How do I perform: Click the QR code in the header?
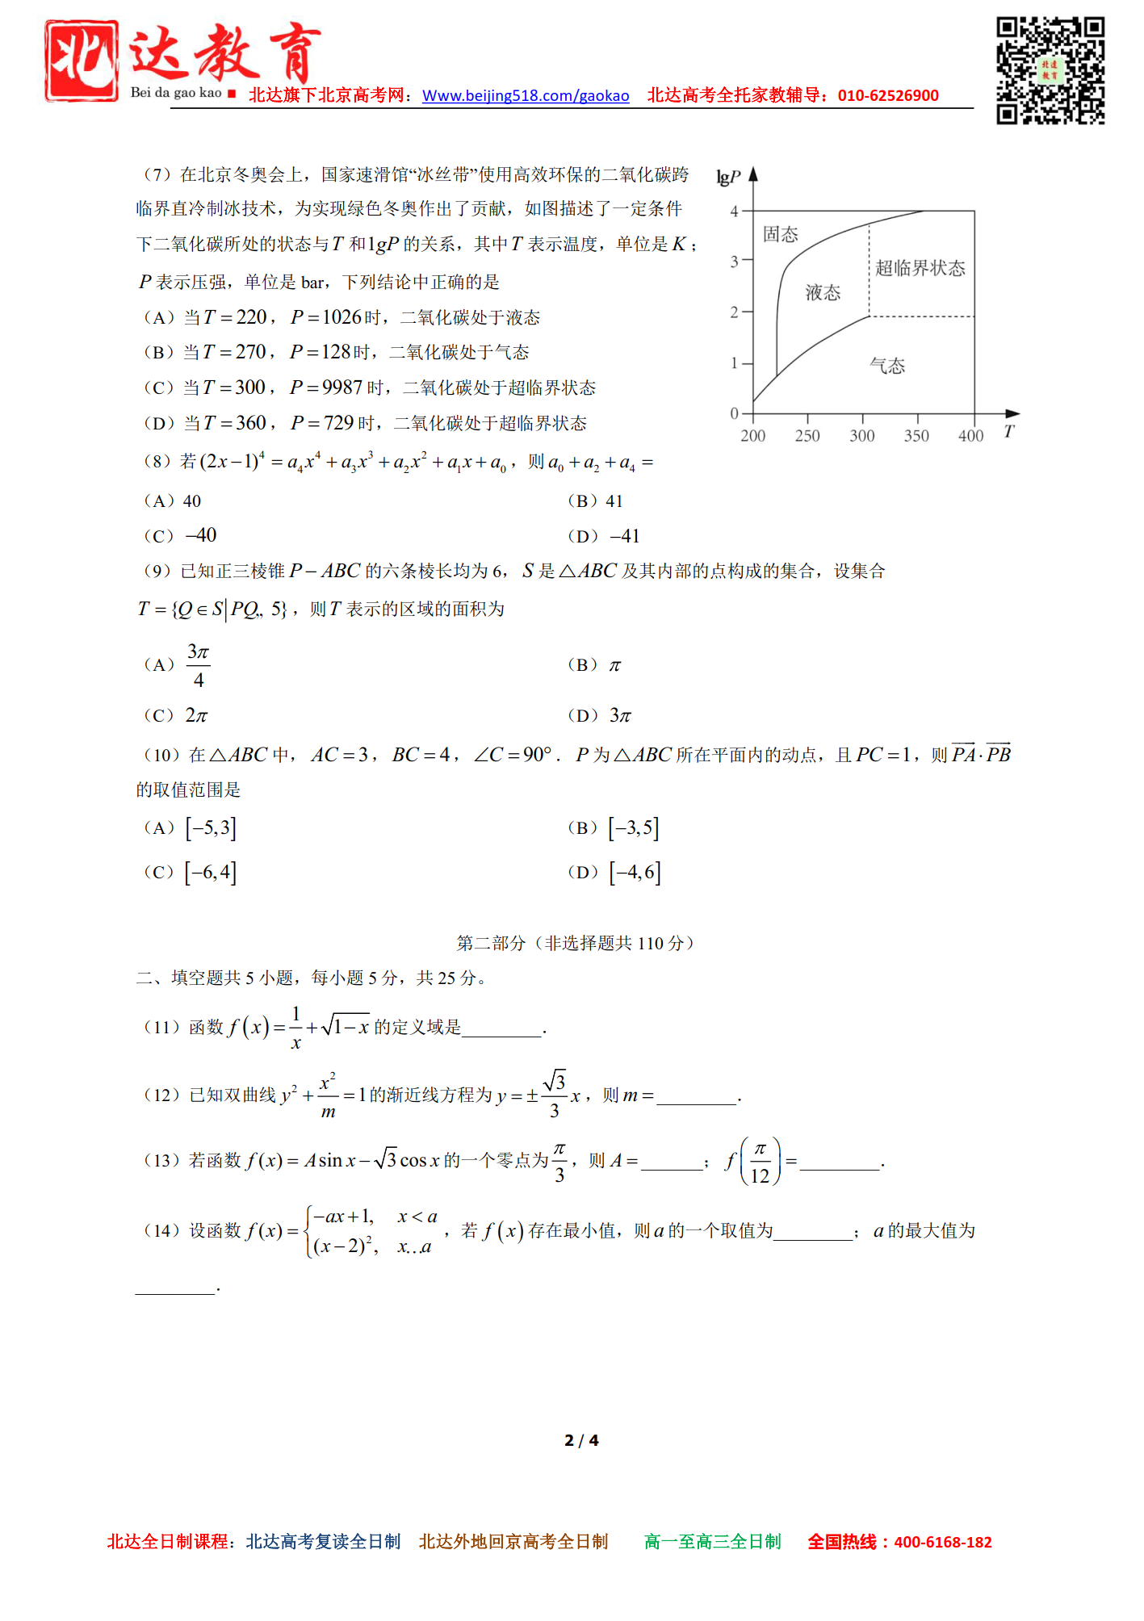click(x=1050, y=71)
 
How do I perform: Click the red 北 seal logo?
click(x=82, y=61)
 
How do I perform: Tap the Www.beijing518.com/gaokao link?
click(x=526, y=96)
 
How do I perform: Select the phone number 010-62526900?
click(x=888, y=96)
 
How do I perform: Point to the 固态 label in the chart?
click(x=780, y=235)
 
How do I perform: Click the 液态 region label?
click(x=823, y=293)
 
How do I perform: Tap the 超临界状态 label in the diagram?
click(x=920, y=269)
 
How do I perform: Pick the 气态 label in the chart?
click(x=887, y=367)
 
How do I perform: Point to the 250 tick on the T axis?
click(x=807, y=436)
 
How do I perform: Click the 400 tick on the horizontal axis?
click(x=971, y=436)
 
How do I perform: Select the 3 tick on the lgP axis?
click(x=735, y=262)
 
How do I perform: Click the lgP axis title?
click(x=728, y=178)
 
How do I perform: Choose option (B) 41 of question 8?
click(x=596, y=501)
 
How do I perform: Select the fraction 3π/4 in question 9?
click(x=199, y=665)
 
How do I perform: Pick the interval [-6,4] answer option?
click(x=210, y=873)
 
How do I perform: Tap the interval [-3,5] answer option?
click(x=634, y=828)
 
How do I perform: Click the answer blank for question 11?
click(x=502, y=1028)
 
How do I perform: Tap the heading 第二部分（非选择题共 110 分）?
click(x=575, y=943)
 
